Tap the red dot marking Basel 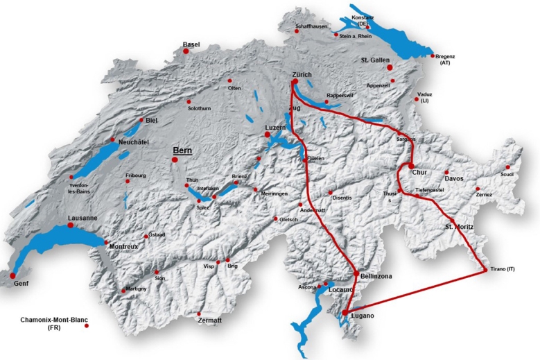186,51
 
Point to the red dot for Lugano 345,314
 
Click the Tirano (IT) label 503,268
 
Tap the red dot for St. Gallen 390,67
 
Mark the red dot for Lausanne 71,225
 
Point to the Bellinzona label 376,276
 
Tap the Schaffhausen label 311,26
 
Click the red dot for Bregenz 433,56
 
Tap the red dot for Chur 411,166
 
